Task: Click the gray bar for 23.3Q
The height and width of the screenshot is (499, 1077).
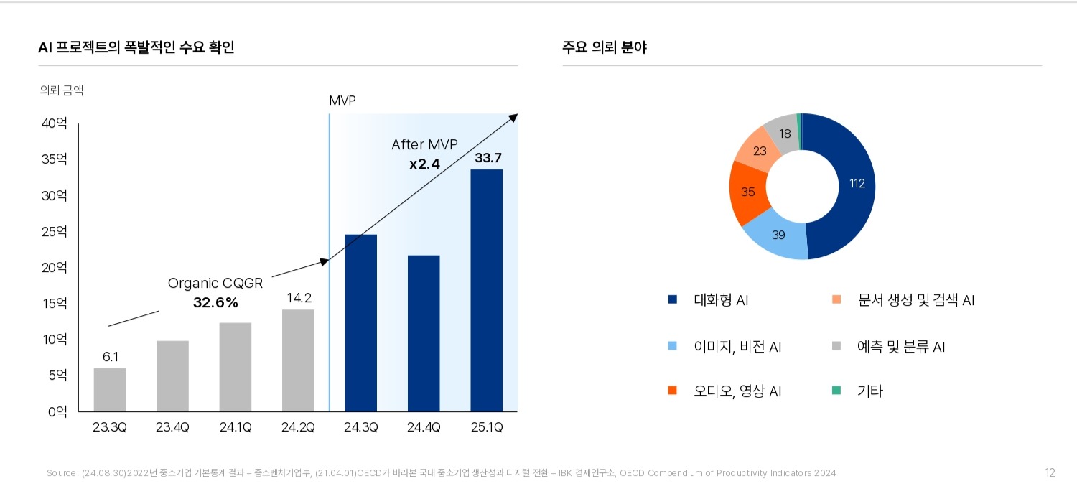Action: (x=110, y=390)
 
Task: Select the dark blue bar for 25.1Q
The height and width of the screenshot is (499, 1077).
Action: (x=486, y=290)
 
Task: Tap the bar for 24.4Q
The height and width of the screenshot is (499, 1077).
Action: (x=424, y=333)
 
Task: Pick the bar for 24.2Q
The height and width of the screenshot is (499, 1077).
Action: (x=298, y=360)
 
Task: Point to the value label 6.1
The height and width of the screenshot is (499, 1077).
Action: (x=110, y=356)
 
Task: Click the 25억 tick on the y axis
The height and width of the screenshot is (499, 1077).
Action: (x=55, y=232)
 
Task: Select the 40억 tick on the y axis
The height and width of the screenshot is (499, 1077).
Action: (x=55, y=123)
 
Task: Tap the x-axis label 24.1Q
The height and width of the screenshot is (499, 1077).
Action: (x=236, y=428)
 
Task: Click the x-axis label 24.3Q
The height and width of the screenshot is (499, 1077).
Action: (x=361, y=428)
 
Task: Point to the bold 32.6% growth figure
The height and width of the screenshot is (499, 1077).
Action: (x=215, y=302)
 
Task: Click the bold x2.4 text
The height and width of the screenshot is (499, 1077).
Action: (x=424, y=164)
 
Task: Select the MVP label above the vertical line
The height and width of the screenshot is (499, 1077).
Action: (x=342, y=101)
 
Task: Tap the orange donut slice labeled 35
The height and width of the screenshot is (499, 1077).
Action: (x=747, y=192)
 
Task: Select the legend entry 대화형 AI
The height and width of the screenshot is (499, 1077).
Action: (x=720, y=300)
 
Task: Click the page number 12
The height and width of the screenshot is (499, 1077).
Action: (x=1050, y=472)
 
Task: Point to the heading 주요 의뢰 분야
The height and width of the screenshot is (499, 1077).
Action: (x=605, y=48)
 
